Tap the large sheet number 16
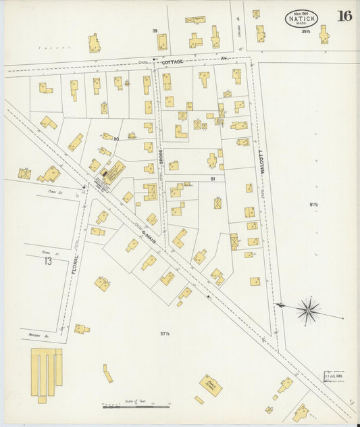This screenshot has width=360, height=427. coord(344,16)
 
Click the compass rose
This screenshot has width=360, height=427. coord(308,311)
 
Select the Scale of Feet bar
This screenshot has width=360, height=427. coord(136,407)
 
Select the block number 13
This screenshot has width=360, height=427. coord(46,260)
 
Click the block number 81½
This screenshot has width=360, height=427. coord(313,205)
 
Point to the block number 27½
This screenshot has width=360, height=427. coord(163,333)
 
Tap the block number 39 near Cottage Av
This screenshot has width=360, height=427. coord(155,31)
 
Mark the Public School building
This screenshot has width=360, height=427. coord(211,385)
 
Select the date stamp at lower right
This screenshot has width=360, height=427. coord(333,376)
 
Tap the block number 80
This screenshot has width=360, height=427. coord(116,139)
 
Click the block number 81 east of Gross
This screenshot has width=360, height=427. coord(212,178)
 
